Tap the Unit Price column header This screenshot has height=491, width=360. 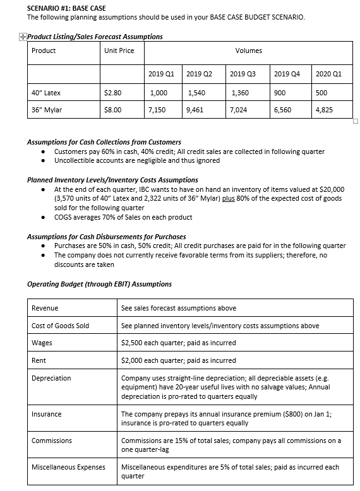point(119,50)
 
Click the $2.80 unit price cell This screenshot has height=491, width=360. point(112,93)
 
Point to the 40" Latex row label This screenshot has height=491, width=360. point(46,93)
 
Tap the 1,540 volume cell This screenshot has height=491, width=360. point(197,93)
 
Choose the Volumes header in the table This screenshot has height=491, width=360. point(248,50)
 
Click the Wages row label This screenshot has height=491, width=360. point(42,343)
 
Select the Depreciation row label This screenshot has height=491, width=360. point(51,378)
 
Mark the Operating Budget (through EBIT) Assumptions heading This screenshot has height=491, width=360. point(99,284)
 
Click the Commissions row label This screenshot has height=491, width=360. point(52,441)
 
